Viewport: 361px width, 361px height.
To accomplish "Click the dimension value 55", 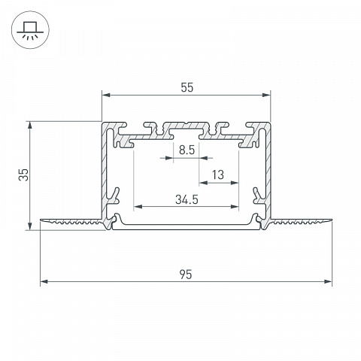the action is pos(187,87).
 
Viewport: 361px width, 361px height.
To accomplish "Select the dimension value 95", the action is pos(186,275).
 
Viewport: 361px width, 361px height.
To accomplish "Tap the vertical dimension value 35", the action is pos(24,174).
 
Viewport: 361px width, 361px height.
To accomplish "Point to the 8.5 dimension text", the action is pos(187,150).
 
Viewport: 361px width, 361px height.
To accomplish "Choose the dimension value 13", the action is pos(218,174).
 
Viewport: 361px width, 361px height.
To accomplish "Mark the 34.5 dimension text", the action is pos(187,199).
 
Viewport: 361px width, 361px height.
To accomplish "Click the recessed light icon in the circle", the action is pos(30,30).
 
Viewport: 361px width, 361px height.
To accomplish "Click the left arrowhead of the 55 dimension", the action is pos(106,95).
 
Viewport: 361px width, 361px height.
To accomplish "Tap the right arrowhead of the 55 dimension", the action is pos(266,95).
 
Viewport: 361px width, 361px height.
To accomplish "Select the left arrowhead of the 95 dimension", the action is pos(44,281).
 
